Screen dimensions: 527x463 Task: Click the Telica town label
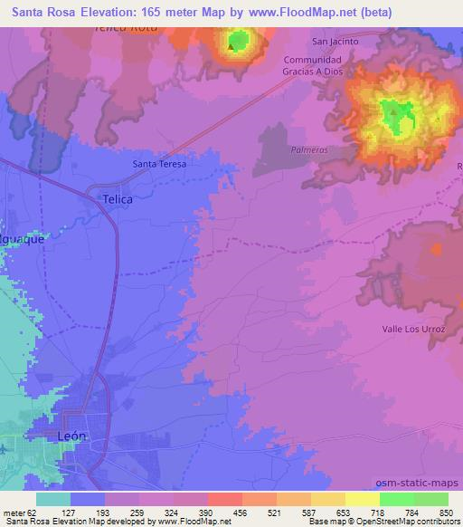[118, 197]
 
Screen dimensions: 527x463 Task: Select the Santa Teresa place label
[159, 164]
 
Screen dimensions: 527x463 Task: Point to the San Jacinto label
[335, 42]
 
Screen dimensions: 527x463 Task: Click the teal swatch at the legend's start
[53, 499]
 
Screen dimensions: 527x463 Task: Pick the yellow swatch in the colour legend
[362, 499]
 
